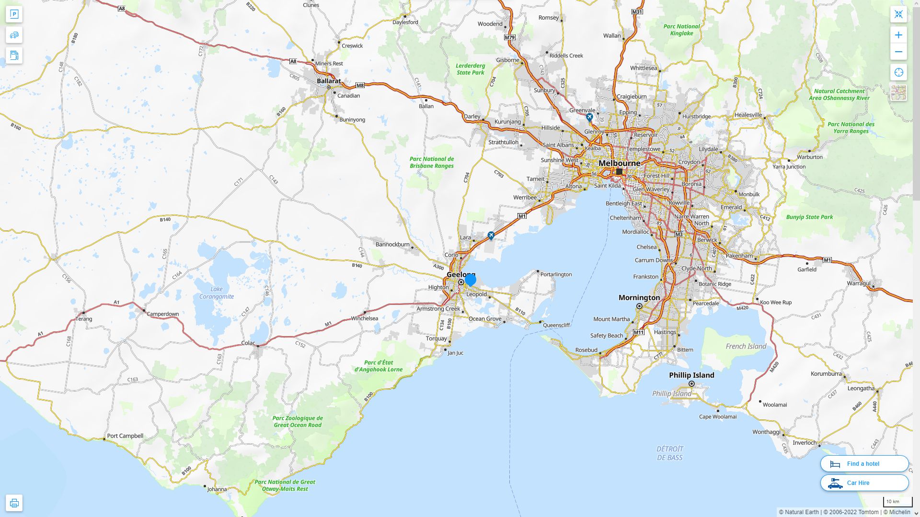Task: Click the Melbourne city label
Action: point(619,163)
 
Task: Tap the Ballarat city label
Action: point(329,81)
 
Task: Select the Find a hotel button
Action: point(864,463)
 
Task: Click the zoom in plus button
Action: point(898,35)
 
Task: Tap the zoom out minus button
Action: point(898,52)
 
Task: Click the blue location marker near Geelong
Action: point(470,280)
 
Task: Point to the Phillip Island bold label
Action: point(691,375)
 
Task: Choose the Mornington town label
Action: point(639,298)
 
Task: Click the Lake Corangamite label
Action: point(217,292)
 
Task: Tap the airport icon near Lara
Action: point(491,236)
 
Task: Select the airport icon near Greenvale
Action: point(589,117)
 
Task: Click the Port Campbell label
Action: point(125,436)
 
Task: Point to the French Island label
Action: point(746,346)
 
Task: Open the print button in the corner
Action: point(14,503)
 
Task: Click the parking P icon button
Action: point(14,14)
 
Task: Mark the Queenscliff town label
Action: point(556,325)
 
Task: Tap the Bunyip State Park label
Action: point(809,217)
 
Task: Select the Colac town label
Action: point(248,343)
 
